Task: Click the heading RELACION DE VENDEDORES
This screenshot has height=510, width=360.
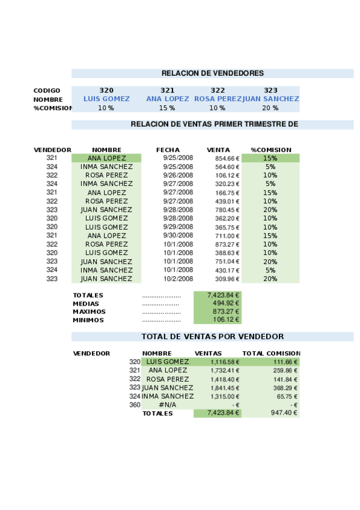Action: coord(212,73)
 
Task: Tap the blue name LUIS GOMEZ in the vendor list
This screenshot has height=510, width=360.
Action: coord(106,99)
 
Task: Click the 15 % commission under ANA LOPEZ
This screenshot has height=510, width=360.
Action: coord(166,108)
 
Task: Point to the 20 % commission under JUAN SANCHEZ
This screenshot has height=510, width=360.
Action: coord(270,108)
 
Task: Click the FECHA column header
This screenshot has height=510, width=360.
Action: coord(168,150)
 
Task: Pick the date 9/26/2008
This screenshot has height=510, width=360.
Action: coord(177,176)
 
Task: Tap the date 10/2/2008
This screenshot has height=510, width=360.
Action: coord(177,279)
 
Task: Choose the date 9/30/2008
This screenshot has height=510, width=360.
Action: coord(177,236)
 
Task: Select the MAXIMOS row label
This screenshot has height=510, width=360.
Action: coord(88,312)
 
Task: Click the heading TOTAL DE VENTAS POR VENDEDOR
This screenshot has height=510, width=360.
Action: coord(212,337)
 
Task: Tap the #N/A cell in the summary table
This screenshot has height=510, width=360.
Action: coord(168,405)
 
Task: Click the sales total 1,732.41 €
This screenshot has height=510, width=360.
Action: coord(224,370)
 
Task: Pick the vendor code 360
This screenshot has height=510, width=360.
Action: coord(135,405)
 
